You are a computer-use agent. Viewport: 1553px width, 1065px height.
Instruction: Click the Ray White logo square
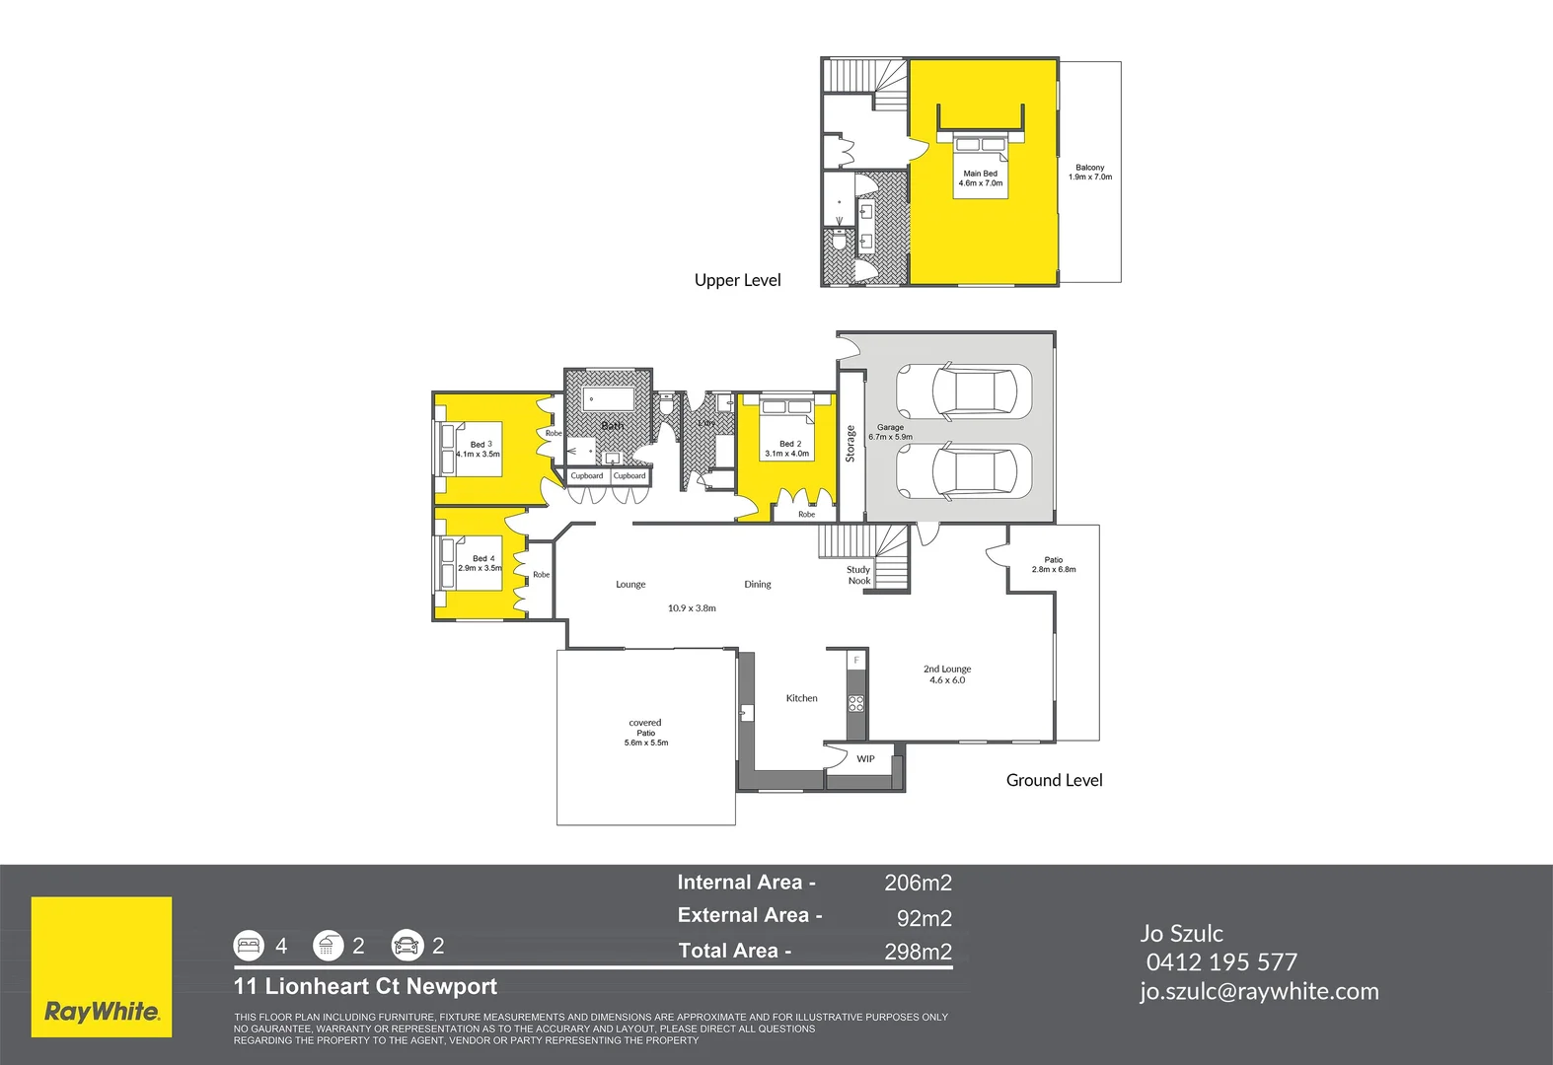pyautogui.click(x=102, y=966)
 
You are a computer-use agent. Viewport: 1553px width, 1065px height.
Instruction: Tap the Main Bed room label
pyautogui.click(x=980, y=177)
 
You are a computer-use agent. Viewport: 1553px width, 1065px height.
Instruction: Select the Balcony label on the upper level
pyautogui.click(x=1089, y=173)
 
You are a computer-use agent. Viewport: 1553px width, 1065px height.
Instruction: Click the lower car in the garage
pyautogui.click(x=963, y=471)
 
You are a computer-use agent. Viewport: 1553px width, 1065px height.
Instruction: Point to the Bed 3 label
pyautogui.click(x=480, y=449)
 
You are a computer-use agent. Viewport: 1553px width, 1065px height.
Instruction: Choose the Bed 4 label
pyautogui.click(x=481, y=563)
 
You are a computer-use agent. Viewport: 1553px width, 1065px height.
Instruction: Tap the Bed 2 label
pyautogui.click(x=788, y=449)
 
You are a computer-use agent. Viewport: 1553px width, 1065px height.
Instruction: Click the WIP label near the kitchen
pyautogui.click(x=865, y=759)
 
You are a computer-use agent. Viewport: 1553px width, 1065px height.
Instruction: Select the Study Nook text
pyautogui.click(x=858, y=575)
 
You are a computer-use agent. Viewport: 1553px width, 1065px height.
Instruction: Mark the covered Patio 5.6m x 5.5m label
pyautogui.click(x=645, y=733)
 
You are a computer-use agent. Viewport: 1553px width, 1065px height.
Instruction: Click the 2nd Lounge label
pyautogui.click(x=947, y=674)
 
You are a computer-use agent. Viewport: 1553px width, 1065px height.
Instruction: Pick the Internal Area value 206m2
pyautogui.click(x=918, y=883)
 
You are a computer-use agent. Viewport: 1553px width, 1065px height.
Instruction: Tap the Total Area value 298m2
pyautogui.click(x=918, y=952)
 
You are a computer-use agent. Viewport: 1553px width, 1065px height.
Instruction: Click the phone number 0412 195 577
pyautogui.click(x=1221, y=962)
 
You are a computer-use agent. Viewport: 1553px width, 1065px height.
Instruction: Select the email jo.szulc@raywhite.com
pyautogui.click(x=1259, y=992)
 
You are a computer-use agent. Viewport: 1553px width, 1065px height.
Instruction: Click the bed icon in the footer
pyautogui.click(x=250, y=946)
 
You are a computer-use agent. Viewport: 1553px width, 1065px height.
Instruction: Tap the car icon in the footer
pyautogui.click(x=407, y=946)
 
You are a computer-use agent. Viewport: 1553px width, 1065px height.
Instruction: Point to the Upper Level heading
pyautogui.click(x=737, y=280)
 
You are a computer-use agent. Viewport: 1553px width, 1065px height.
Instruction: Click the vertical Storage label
pyautogui.click(x=850, y=444)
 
